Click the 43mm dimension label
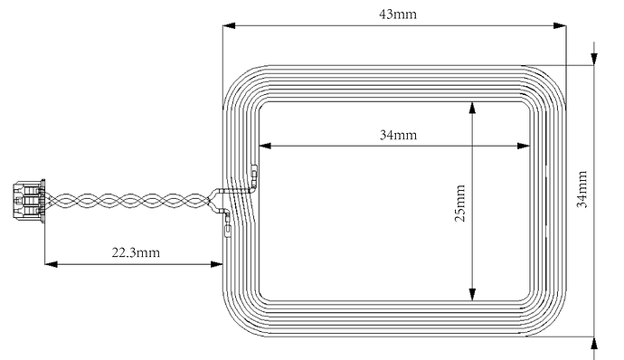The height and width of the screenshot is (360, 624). (x=398, y=14)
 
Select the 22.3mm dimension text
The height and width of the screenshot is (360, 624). (x=136, y=252)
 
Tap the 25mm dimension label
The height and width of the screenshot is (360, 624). (x=459, y=204)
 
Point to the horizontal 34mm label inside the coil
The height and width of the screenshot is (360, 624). (x=398, y=135)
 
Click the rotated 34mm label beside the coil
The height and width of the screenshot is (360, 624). (x=581, y=189)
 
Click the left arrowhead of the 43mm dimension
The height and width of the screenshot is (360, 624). (x=229, y=26)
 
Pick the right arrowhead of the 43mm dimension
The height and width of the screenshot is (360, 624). (x=560, y=26)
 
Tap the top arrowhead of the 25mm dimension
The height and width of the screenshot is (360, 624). (x=472, y=109)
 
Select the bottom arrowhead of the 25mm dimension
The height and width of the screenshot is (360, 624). (x=472, y=294)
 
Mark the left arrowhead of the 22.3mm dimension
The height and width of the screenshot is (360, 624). (x=52, y=264)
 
